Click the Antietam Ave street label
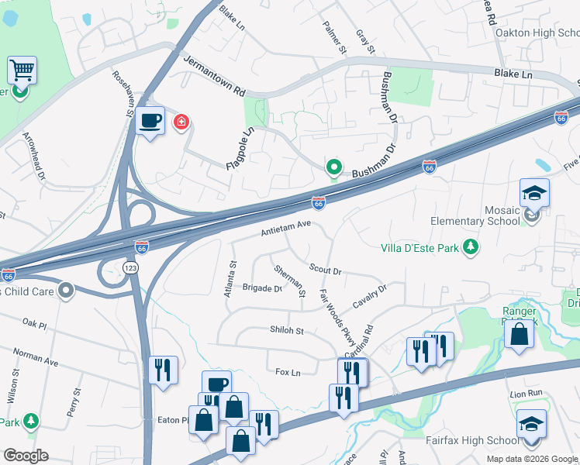point(285,227)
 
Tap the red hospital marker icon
point(181,122)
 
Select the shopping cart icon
point(22,71)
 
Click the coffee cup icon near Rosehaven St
point(150,121)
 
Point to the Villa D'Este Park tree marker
point(470,247)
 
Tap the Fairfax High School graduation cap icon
point(531,424)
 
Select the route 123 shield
point(129,267)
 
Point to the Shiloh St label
point(286,331)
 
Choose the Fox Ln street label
point(288,372)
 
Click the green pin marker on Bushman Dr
point(334,167)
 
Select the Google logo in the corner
point(26,456)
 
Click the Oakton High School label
point(537,33)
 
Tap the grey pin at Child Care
point(67,291)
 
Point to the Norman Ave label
point(36,356)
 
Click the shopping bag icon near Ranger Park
point(519,334)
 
